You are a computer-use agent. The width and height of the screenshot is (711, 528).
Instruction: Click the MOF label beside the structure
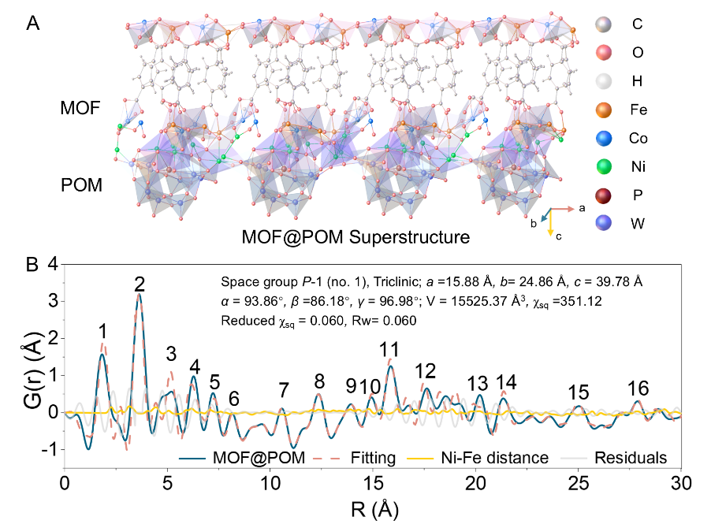80,108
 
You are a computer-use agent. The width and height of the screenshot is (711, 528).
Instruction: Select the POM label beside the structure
83,187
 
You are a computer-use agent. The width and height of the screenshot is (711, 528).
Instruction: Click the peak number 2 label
140,283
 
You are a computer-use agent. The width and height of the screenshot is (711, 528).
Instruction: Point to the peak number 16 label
638,388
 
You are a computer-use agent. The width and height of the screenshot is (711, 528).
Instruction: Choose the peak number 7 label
284,389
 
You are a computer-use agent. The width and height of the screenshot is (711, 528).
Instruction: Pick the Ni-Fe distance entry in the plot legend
501,457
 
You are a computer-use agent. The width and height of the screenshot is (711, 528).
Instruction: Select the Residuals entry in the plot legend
631,457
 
